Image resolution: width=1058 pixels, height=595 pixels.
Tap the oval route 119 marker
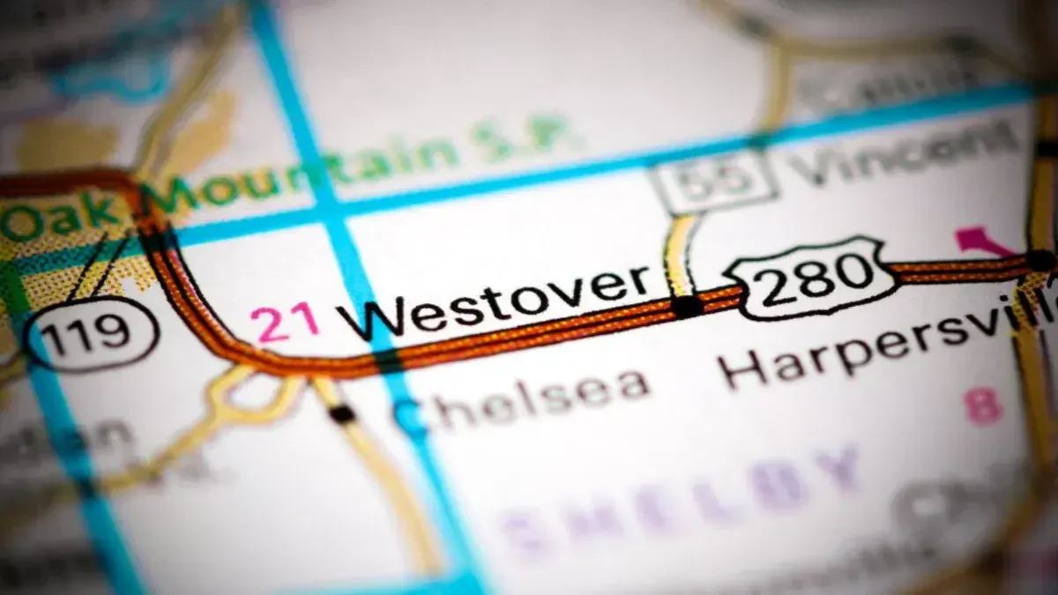91,332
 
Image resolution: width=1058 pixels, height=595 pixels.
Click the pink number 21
284,322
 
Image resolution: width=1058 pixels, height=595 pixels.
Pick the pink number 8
982,407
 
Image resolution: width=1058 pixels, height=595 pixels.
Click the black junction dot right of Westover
687,306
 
